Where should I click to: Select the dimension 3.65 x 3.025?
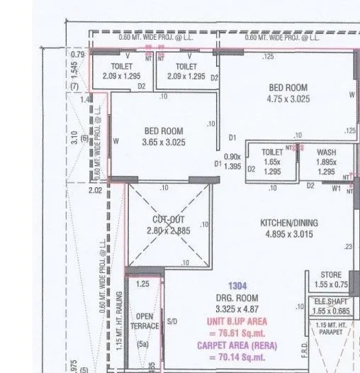pos(163,142)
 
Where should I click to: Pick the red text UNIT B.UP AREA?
pos(237,321)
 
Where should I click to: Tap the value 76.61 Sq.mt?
pos(237,333)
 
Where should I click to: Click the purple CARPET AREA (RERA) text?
pos(237,346)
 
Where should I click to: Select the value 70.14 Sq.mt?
pos(237,358)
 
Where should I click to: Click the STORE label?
pos(331,274)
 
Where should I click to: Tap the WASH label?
pos(326,152)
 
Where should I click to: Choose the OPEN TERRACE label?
pos(145,321)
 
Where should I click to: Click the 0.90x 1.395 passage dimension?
pos(232,161)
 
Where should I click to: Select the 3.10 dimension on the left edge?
pos(74,136)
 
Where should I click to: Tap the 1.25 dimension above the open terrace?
pos(142,284)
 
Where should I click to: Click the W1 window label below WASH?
pos(336,188)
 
